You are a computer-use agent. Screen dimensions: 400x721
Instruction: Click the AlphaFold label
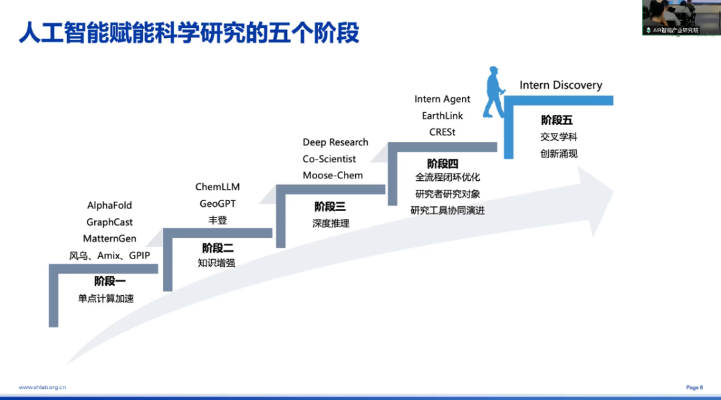[x=109, y=206]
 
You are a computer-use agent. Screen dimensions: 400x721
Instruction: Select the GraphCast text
[x=109, y=222]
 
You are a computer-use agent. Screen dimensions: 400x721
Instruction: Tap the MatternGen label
[x=109, y=238]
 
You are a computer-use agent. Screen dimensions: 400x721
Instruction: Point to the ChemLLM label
[x=217, y=187]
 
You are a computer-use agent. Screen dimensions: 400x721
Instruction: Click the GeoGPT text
[x=217, y=204]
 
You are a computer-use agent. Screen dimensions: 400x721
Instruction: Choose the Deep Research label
[x=335, y=142]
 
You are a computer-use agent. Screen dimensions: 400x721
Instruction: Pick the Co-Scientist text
[x=329, y=159]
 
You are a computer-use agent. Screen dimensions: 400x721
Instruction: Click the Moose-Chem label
[x=332, y=176]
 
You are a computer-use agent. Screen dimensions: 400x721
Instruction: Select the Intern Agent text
[x=442, y=99]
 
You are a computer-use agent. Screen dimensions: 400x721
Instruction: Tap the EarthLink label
[x=442, y=116]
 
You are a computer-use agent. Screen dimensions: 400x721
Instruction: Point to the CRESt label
[x=442, y=132]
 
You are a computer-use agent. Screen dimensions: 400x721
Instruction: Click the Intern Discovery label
[x=561, y=85]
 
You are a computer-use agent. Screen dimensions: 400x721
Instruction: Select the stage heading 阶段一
[x=109, y=281]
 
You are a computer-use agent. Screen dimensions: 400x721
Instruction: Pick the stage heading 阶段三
[x=330, y=207]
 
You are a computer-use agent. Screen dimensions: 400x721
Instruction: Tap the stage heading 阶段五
[x=557, y=121]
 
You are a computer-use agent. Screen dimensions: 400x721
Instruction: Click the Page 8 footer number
[x=694, y=387]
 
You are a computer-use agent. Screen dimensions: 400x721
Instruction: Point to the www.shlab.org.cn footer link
[x=42, y=387]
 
